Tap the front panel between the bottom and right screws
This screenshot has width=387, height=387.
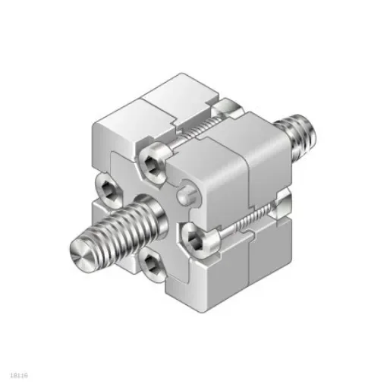182,266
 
